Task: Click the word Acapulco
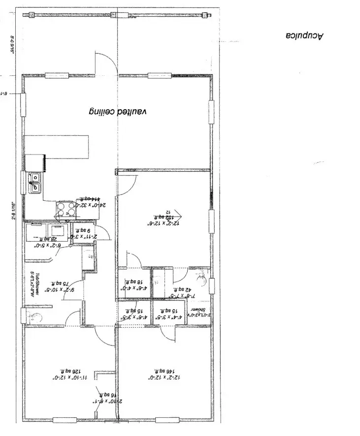pos(305,35)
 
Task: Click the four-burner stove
pos(66,211)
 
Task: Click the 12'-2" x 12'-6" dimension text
pos(164,223)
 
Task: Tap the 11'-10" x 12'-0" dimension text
pos(70,378)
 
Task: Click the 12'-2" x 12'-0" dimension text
pos(164,378)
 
